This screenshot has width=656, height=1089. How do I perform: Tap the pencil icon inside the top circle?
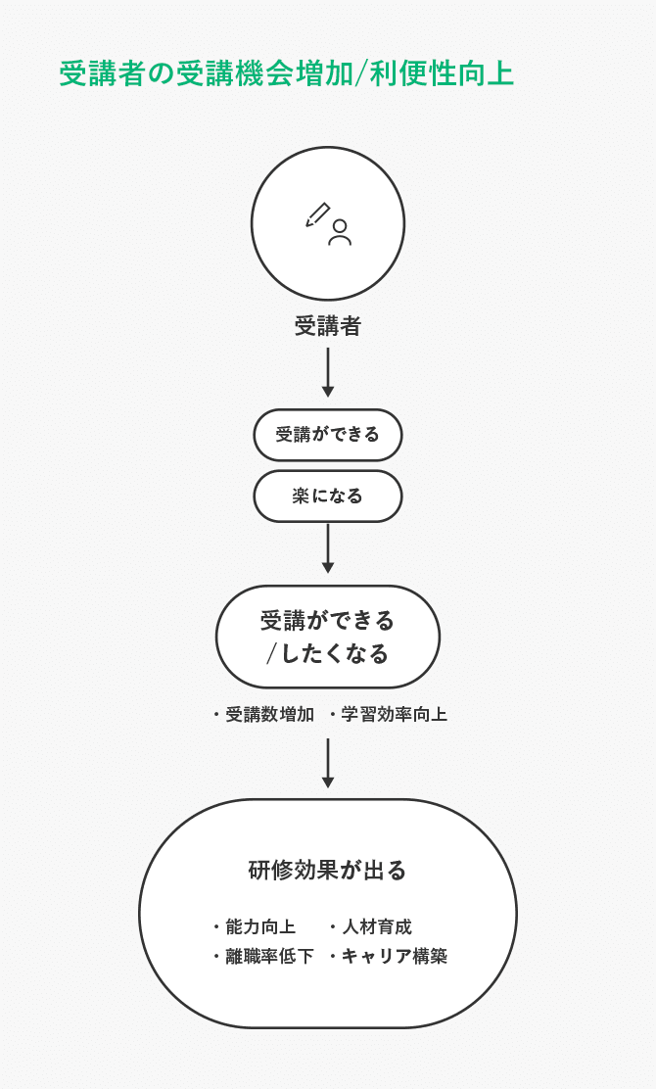[x=318, y=214]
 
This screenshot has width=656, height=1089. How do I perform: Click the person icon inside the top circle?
[x=340, y=232]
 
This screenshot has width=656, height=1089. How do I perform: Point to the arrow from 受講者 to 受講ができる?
[x=328, y=372]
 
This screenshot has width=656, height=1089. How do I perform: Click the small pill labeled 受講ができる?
[x=328, y=435]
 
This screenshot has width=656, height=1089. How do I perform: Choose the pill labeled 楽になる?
[x=328, y=496]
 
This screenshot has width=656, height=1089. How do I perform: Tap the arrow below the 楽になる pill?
[x=328, y=548]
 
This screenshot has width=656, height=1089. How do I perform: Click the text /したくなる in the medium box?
[x=328, y=654]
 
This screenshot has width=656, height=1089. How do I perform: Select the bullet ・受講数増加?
[x=264, y=715]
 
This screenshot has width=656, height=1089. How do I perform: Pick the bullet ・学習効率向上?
[x=389, y=715]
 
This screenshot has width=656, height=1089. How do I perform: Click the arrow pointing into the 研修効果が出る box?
[x=328, y=763]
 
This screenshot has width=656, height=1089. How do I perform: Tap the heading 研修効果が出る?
[x=328, y=871]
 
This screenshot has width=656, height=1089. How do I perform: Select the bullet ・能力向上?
[x=255, y=926]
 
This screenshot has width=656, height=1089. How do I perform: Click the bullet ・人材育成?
[x=371, y=926]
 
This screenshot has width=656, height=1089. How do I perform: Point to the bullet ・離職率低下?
[x=263, y=957]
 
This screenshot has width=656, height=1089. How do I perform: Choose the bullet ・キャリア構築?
[x=389, y=957]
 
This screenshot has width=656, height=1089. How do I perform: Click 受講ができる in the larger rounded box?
[x=328, y=621]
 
